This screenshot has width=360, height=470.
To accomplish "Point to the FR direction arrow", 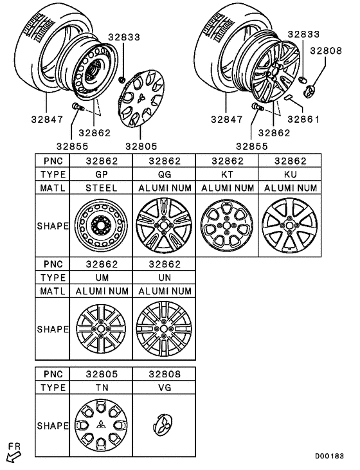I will (x=13, y=453).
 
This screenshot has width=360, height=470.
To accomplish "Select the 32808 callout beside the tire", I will (x=322, y=48).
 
